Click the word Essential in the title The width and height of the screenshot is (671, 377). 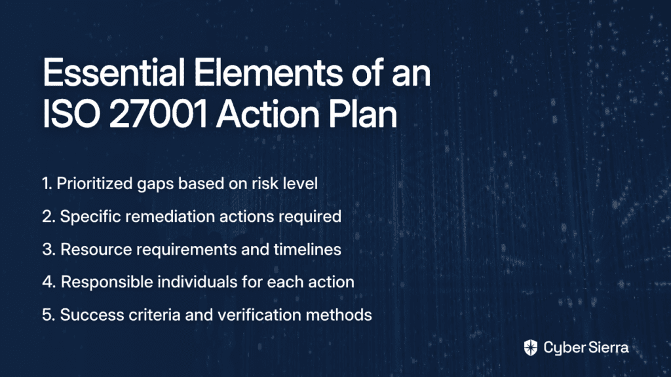(x=113, y=73)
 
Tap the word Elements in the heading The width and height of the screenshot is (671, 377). (x=268, y=73)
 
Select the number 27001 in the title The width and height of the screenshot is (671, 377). (x=159, y=114)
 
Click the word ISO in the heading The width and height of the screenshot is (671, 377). (x=71, y=114)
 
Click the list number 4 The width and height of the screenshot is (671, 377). (x=48, y=282)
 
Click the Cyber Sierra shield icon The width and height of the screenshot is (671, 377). (x=531, y=348)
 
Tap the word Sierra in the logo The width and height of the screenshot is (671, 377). (x=607, y=348)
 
